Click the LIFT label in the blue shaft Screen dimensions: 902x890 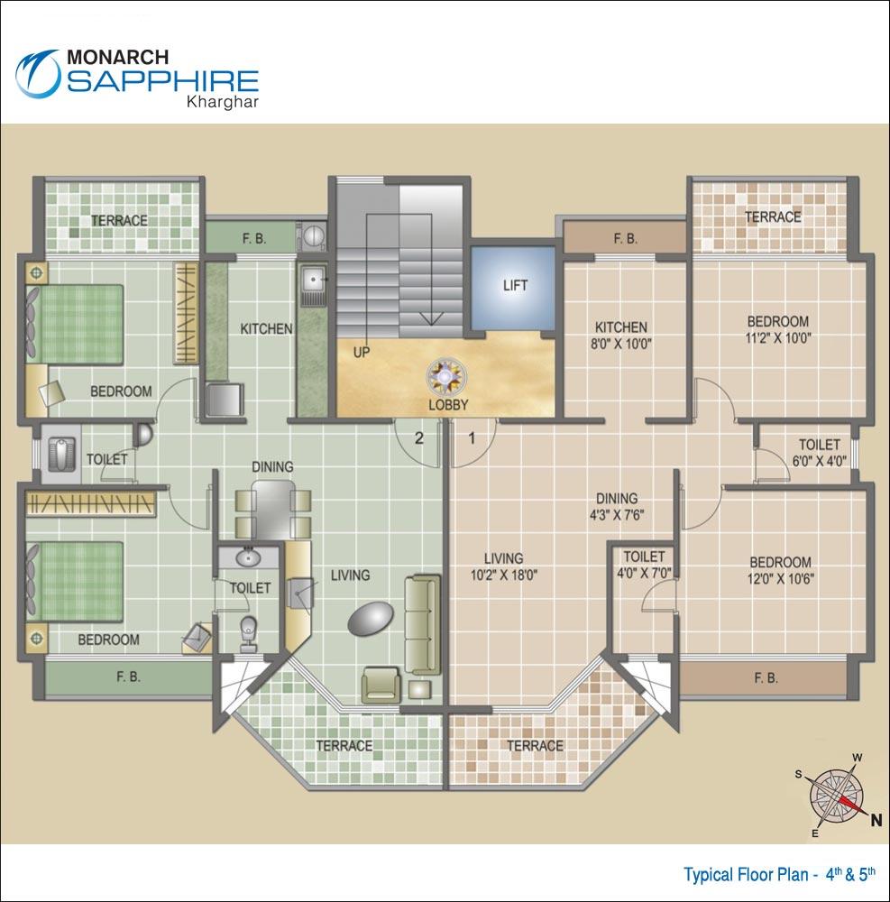pos(515,286)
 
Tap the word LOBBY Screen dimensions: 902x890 pos(448,405)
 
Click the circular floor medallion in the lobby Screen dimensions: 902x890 pos(445,376)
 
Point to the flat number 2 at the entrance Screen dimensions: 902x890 pos(418,439)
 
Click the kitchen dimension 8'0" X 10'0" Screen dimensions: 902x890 pos(621,344)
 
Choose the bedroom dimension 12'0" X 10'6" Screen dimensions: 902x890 pos(779,578)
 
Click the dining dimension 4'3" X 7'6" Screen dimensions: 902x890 pos(617,515)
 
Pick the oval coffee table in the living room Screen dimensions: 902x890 pos(371,621)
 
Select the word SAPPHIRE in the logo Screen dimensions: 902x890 pos(163,82)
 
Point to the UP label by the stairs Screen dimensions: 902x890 pos(362,352)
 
